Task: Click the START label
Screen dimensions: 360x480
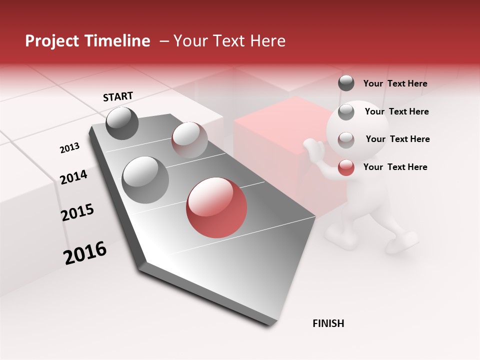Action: point(118,96)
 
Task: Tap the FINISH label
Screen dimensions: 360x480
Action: point(328,323)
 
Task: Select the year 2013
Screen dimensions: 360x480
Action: point(69,148)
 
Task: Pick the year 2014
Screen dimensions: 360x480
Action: point(73,177)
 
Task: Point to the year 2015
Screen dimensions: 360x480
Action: point(77,212)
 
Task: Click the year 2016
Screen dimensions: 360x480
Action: point(85,253)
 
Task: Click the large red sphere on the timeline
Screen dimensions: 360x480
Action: point(216,208)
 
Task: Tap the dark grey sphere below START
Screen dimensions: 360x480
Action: point(122,123)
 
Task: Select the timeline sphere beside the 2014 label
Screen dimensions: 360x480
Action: point(145,179)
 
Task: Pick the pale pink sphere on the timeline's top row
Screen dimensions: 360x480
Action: point(189,139)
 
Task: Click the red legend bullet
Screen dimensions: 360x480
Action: point(346,167)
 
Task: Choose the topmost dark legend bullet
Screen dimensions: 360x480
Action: point(346,83)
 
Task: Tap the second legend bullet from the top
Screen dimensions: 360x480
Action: point(346,111)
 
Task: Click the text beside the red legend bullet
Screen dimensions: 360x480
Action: point(395,167)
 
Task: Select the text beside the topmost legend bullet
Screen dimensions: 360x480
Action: point(395,84)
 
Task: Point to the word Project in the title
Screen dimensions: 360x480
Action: point(52,41)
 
